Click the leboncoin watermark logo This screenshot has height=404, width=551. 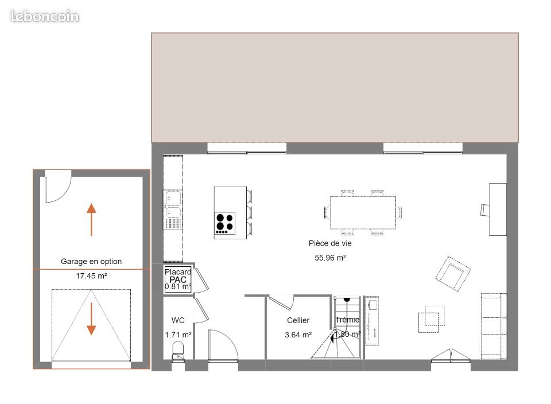[45, 16]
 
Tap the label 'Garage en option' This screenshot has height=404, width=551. [91, 261]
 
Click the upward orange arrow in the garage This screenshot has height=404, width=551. [91, 220]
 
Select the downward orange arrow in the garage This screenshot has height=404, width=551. [91, 318]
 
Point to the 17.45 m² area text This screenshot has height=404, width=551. [91, 276]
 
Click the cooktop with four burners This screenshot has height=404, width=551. [225, 223]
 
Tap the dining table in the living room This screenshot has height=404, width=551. [363, 212]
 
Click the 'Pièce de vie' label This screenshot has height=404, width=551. [330, 243]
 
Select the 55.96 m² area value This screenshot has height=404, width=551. [330, 258]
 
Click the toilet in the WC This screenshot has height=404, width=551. [178, 351]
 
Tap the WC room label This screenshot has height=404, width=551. [178, 320]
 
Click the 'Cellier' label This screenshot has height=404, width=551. [298, 320]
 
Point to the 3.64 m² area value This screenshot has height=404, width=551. [298, 335]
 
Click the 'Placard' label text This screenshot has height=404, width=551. [178, 272]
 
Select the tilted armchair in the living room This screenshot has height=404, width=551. [453, 274]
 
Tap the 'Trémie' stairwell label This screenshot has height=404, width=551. [347, 320]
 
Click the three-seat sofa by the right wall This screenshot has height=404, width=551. [494, 326]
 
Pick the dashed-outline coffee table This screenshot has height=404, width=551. [428, 323]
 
